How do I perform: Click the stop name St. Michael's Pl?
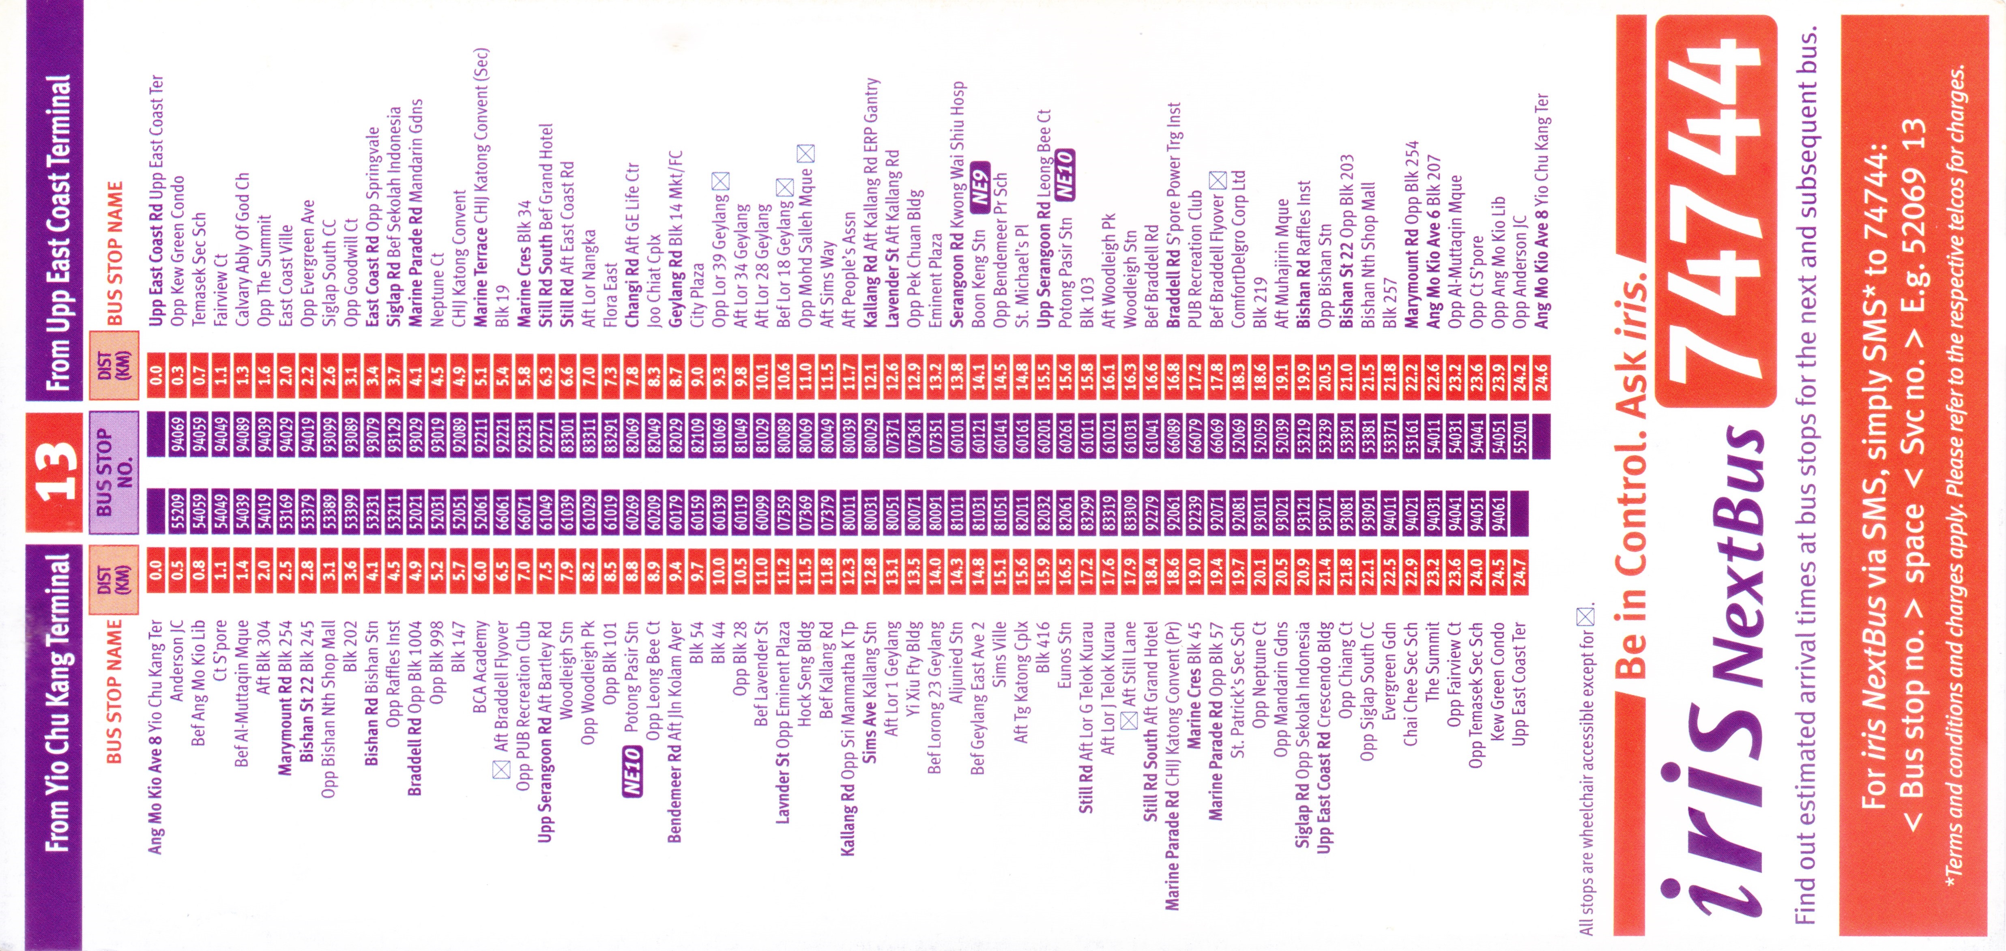(x=1022, y=265)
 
